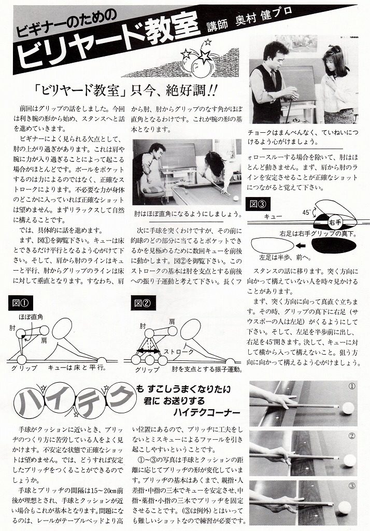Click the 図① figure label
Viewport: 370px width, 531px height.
tap(21, 303)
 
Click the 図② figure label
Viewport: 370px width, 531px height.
tap(143, 303)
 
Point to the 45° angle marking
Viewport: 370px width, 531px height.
tap(306, 213)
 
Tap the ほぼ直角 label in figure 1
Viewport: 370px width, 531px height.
tap(31, 317)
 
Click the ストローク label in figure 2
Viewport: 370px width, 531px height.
tap(179, 352)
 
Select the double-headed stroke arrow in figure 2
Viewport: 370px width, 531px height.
tap(148, 352)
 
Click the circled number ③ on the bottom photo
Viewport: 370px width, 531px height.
tap(352, 486)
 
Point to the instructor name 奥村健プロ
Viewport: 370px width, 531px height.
tap(263, 18)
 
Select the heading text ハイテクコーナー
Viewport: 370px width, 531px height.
tap(206, 412)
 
